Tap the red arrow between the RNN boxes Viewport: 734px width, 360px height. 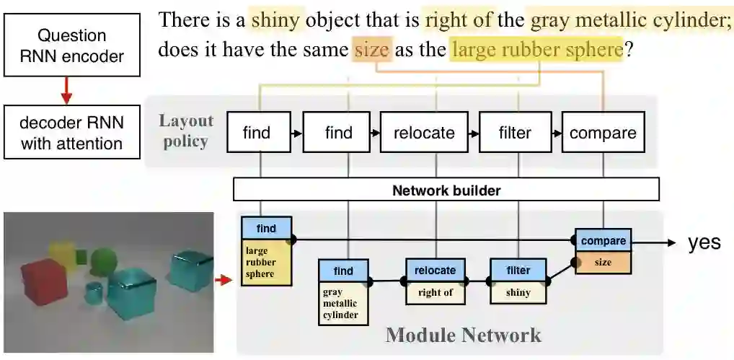click(x=66, y=90)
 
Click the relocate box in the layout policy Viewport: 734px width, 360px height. click(x=424, y=132)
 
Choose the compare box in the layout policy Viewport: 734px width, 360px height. click(x=602, y=132)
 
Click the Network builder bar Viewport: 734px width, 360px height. click(x=446, y=190)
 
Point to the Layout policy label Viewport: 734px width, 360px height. click(x=186, y=131)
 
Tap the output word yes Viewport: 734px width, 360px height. click(x=704, y=242)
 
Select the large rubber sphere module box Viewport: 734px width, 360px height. click(x=265, y=262)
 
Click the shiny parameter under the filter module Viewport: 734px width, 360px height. click(x=518, y=292)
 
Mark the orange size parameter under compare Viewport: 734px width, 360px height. click(x=603, y=263)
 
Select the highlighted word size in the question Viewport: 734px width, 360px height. click(x=372, y=50)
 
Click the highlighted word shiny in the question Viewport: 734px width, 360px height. click(x=278, y=19)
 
